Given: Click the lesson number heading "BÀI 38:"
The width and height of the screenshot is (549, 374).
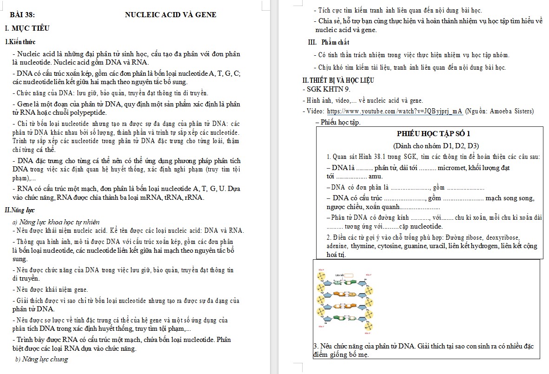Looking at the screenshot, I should click(x=22, y=14).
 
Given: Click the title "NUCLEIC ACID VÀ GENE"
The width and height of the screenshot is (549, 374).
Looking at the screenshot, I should click(x=171, y=14).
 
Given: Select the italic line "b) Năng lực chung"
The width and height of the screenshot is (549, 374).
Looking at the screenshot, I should click(x=42, y=359).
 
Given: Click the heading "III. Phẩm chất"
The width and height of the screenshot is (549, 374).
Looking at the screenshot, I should click(x=329, y=42).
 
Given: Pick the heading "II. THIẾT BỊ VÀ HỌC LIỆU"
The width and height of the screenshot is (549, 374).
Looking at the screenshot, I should click(x=338, y=80).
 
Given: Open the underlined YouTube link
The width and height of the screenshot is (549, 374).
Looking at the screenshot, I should click(x=395, y=111).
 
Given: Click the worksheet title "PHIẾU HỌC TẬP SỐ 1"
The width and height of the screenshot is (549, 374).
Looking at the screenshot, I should click(x=427, y=134).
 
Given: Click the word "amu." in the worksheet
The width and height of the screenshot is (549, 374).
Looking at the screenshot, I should click(x=375, y=176).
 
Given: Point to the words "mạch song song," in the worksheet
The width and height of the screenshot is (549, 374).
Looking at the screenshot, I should click(x=509, y=198).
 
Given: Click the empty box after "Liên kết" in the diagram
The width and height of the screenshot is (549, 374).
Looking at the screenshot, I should click(x=349, y=275).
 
